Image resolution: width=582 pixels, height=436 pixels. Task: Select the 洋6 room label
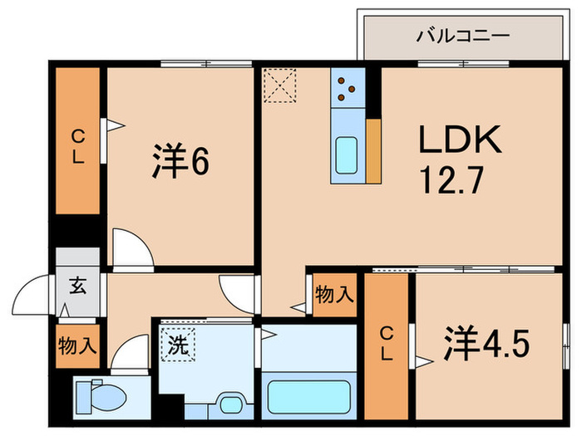(x=180, y=161)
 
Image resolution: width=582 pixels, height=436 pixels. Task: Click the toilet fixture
(x=103, y=393)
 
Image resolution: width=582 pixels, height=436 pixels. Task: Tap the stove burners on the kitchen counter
(x=346, y=90)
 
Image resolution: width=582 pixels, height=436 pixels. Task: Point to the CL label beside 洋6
(x=77, y=145)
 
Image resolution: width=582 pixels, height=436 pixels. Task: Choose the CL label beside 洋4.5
(x=386, y=342)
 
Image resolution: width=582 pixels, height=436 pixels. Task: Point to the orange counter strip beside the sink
(x=373, y=150)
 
